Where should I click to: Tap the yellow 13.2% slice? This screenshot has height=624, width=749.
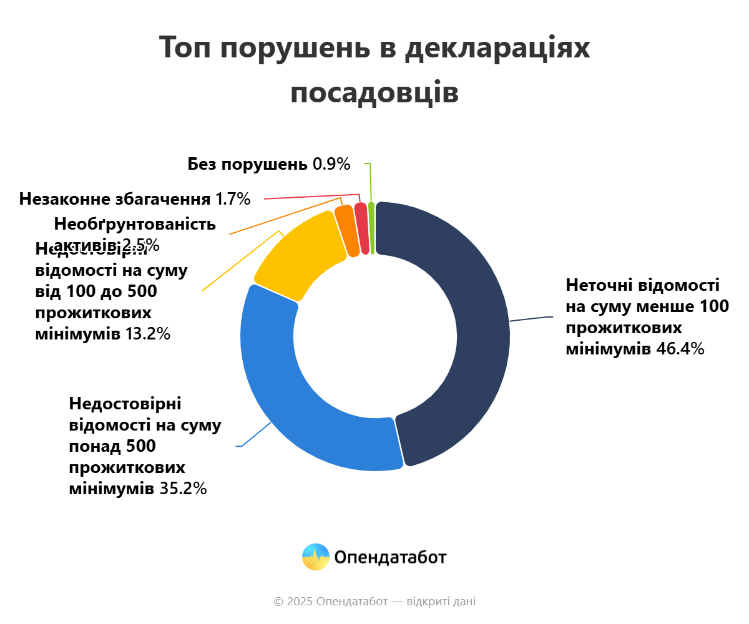point(300,256)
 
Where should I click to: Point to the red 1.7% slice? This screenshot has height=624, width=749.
point(361,228)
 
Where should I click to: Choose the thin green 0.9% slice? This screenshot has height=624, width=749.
point(371,228)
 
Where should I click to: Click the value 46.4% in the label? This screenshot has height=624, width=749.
point(680,349)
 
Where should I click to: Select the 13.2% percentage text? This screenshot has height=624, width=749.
point(148,334)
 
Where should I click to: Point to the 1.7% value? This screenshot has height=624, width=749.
point(233,199)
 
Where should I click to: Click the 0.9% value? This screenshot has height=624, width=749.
point(331,164)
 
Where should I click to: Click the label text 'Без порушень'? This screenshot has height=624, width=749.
point(247,164)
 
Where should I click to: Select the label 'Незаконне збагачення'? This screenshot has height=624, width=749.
point(115,199)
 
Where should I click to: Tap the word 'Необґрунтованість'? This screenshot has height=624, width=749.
point(135,223)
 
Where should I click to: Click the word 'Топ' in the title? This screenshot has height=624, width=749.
point(185,48)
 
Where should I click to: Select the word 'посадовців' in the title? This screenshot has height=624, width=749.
point(374,93)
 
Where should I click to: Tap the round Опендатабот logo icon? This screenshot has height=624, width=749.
point(315,557)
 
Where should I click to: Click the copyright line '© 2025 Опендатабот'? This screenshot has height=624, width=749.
point(331,602)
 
